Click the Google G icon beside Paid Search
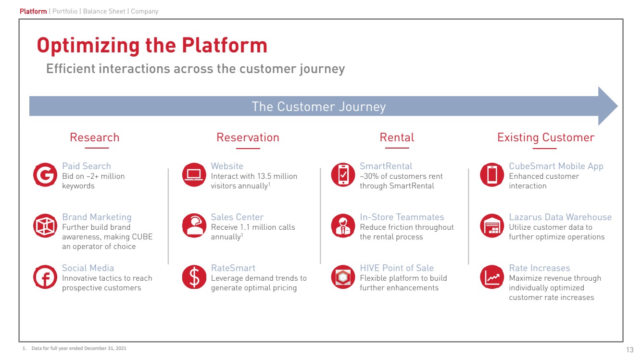click(45, 175)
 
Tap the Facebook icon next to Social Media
click(45, 277)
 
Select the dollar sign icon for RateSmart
click(194, 277)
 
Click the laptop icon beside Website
click(194, 175)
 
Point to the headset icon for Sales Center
click(194, 226)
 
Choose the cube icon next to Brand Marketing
click(45, 226)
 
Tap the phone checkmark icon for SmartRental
click(343, 175)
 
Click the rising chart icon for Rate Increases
click(492, 277)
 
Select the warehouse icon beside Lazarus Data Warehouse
click(492, 226)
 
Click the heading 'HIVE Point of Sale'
click(397, 268)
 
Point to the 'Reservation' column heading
click(248, 137)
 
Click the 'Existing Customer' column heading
click(546, 137)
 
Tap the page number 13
click(630, 349)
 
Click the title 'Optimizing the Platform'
click(152, 46)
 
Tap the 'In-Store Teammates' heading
click(402, 217)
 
